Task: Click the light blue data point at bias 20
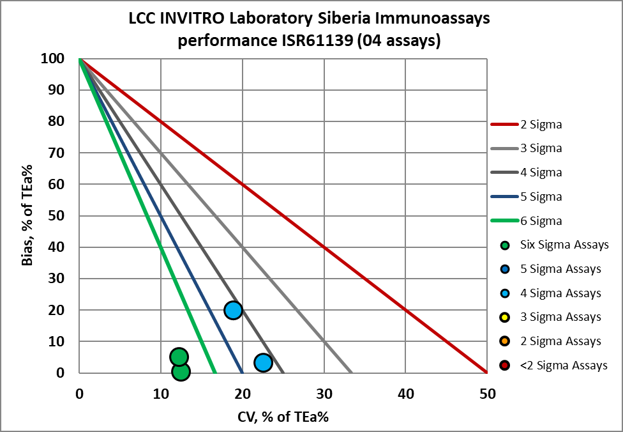233,310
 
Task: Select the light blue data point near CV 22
263,362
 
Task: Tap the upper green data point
179,357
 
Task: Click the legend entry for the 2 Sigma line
527,124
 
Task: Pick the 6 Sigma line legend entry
527,220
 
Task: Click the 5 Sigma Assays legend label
560,269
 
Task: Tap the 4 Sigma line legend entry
527,173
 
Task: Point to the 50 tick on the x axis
487,394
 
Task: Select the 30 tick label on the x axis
324,394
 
